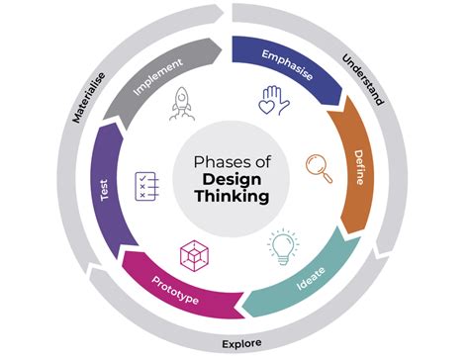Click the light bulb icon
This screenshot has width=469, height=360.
(x=282, y=245)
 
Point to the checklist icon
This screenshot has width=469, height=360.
(x=146, y=185)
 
